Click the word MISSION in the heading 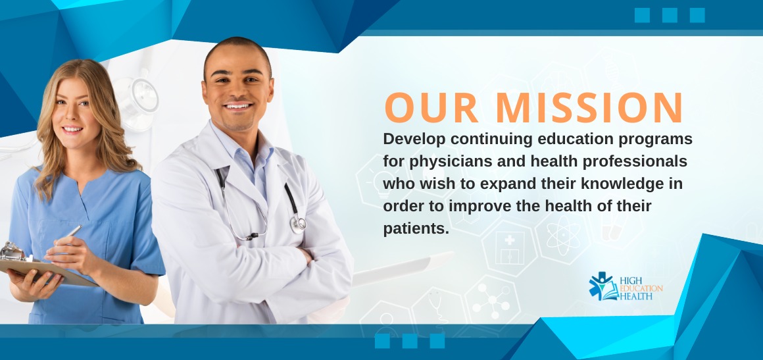click(589, 107)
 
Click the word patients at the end click(416, 228)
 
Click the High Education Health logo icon click(603, 286)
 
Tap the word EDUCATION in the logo click(641, 288)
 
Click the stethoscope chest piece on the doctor click(298, 224)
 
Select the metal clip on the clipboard click(12, 252)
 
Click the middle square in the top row click(670, 15)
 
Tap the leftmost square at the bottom click(382, 341)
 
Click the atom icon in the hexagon click(563, 236)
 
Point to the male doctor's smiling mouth click(238, 106)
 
